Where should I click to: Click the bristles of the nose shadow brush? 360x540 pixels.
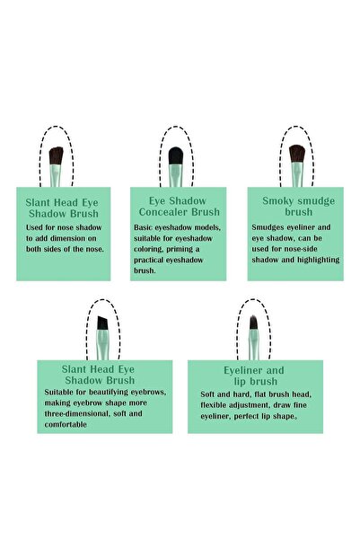56,155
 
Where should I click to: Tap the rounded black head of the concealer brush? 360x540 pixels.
176,155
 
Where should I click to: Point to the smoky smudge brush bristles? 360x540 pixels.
297,154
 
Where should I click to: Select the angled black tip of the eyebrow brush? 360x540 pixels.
102,323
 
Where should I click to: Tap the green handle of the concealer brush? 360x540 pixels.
176,175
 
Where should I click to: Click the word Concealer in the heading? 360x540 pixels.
163,212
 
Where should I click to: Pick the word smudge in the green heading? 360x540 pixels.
316,201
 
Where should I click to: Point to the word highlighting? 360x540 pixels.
319,260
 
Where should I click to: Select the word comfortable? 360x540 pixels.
66,424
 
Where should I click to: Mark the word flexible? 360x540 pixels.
214,405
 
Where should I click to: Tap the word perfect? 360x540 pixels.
246,416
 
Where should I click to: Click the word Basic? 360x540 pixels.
143,227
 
